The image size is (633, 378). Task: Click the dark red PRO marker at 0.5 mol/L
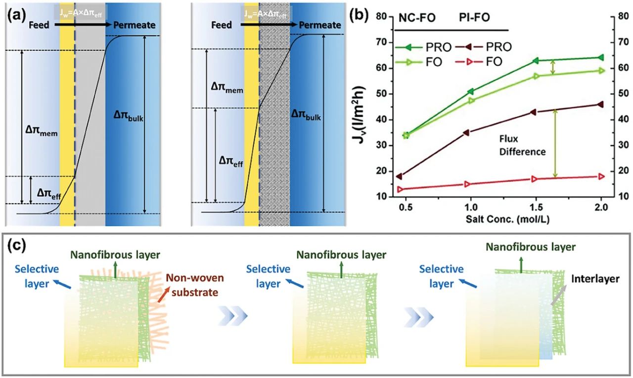tap(399, 176)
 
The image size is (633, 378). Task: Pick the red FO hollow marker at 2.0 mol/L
tap(601, 176)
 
